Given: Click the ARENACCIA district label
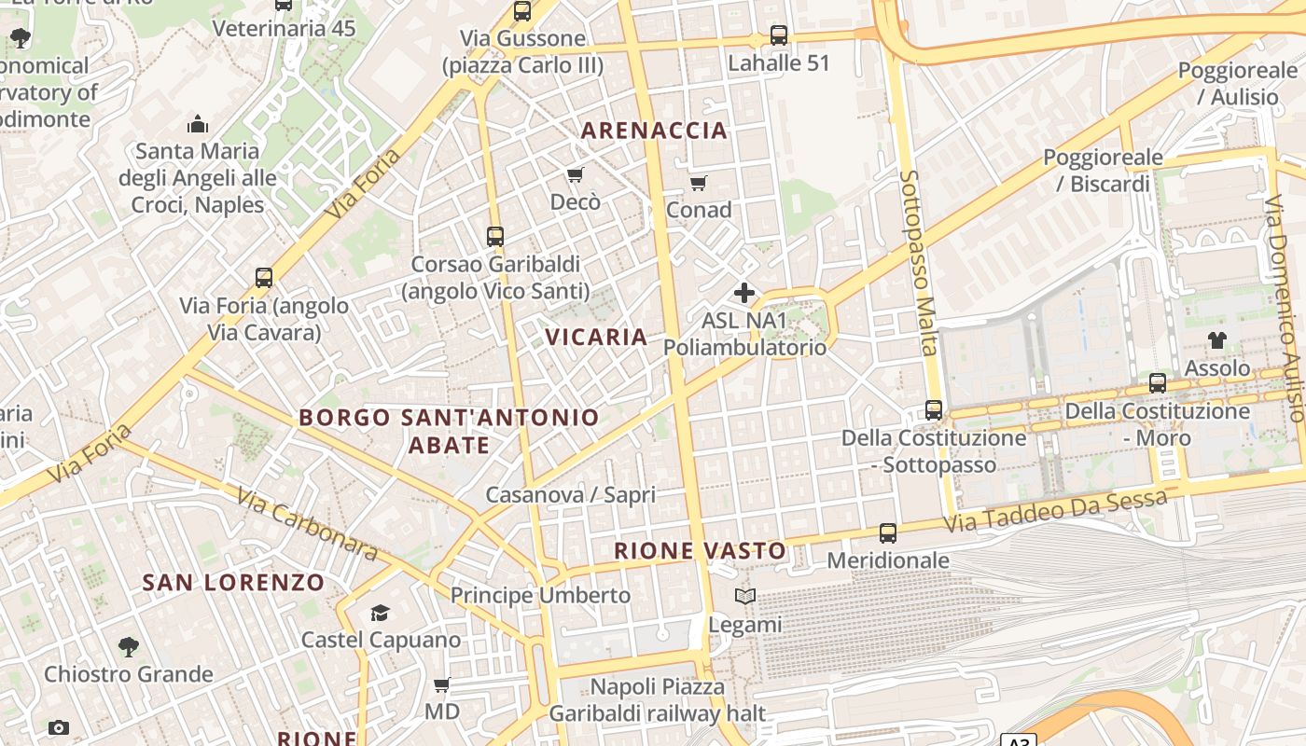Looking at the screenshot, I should click(x=654, y=131).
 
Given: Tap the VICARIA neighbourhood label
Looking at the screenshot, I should click(x=596, y=337).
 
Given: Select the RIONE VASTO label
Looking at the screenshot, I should click(x=701, y=551).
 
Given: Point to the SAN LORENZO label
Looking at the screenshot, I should click(x=233, y=583).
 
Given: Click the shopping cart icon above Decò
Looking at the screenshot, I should click(x=576, y=175).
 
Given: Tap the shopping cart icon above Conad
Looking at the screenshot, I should click(x=698, y=183).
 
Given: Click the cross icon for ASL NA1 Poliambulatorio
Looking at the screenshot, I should click(x=744, y=294).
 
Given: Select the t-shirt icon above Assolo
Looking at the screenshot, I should click(x=1217, y=340).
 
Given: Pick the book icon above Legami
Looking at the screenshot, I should click(x=744, y=597).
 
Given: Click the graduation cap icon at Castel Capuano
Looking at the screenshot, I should click(x=380, y=613).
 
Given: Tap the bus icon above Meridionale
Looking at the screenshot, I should click(x=888, y=533).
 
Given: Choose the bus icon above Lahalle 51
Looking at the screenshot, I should click(x=779, y=36).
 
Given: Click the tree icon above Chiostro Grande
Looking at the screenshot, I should click(x=129, y=646).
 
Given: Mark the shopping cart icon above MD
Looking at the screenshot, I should click(x=442, y=685).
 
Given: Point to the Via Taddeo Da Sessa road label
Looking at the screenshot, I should click(x=1055, y=512).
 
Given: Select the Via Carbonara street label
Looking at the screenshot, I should click(x=307, y=525).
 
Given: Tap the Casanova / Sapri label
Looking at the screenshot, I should click(x=570, y=494).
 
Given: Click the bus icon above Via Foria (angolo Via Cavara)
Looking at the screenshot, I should click(x=264, y=278).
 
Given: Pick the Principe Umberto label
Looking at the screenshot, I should click(x=540, y=595).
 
